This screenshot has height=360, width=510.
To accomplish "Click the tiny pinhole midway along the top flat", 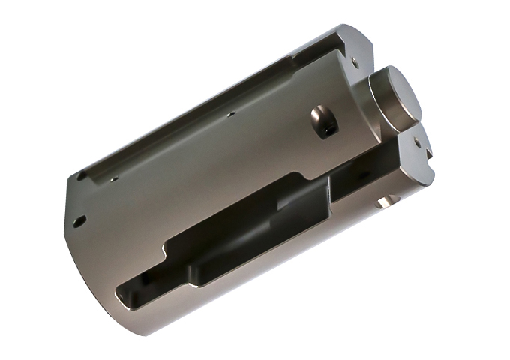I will (230, 114).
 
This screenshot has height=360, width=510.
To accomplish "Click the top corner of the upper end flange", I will (346, 28).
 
